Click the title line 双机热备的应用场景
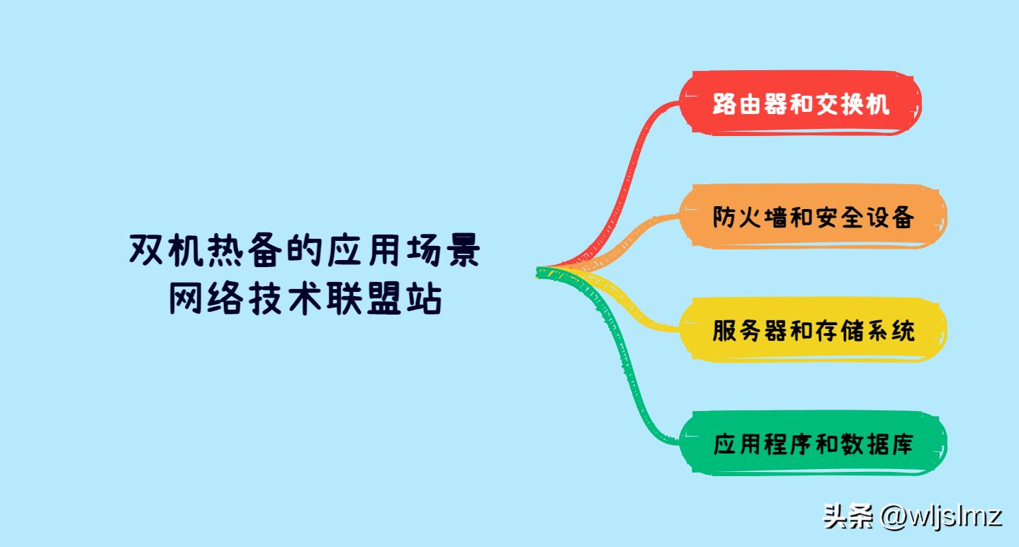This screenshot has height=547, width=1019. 305,252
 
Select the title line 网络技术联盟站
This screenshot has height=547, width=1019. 305,300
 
